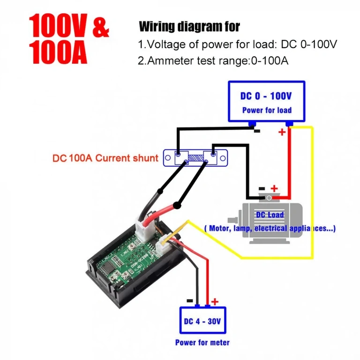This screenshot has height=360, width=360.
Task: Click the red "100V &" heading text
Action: click(x=69, y=27)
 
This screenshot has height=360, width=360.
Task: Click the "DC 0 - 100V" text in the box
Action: click(x=266, y=96)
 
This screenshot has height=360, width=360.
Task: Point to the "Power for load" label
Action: click(x=266, y=111)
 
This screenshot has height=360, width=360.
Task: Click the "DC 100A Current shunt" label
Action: click(x=105, y=158)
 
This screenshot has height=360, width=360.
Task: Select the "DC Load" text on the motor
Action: click(x=270, y=215)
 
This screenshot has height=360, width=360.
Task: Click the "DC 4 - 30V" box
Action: click(x=202, y=321)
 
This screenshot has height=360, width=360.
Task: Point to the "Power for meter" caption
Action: click(x=202, y=343)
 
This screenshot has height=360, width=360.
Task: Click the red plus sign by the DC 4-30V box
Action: click(x=215, y=301)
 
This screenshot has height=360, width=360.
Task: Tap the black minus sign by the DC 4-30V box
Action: click(x=189, y=301)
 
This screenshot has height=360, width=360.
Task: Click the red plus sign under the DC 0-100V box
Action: click(x=282, y=132)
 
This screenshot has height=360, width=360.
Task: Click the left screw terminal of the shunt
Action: click(x=178, y=154)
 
